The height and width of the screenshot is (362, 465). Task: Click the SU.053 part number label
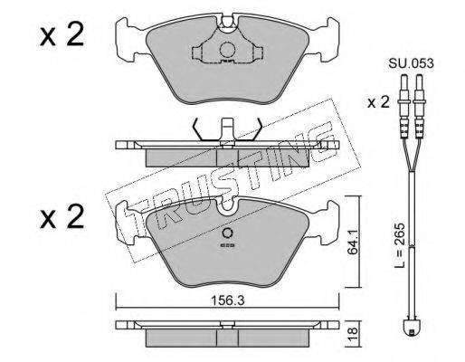point(411,63)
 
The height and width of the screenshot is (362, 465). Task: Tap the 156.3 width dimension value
point(227,300)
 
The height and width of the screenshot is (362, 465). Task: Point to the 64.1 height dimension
point(352,242)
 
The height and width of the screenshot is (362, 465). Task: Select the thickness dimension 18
point(353,334)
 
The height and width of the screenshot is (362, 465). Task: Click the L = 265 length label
point(400,246)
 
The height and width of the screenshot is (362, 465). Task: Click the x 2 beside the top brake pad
point(62,36)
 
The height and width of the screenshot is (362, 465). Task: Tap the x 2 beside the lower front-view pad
point(62,216)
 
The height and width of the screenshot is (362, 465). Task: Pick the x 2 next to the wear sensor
point(378,103)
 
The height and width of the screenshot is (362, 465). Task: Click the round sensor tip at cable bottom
point(411,328)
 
